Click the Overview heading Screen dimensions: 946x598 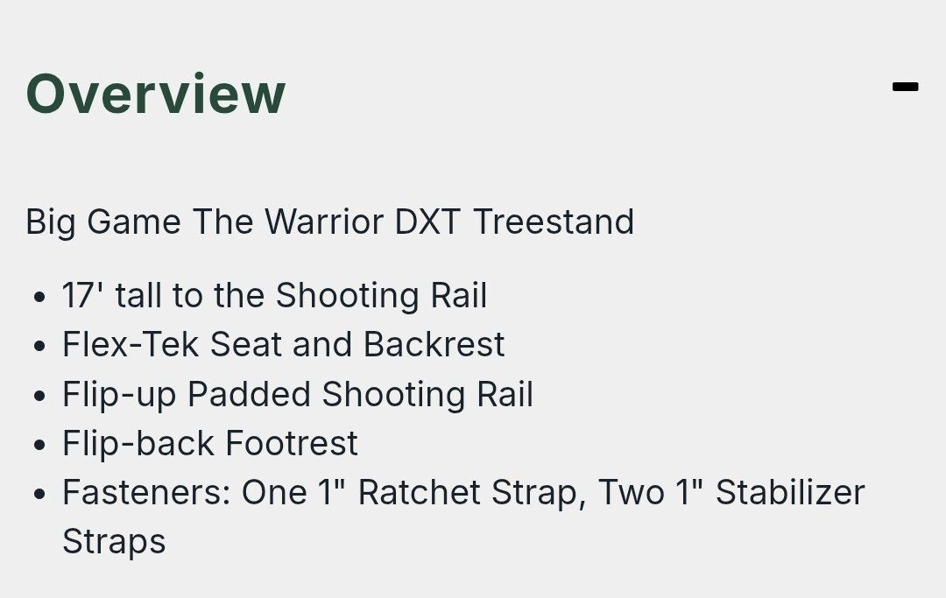[155, 94]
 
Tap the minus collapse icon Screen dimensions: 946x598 [905, 87]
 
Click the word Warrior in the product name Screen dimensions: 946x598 [323, 222]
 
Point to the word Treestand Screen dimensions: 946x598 [554, 222]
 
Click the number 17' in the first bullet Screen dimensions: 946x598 [82, 295]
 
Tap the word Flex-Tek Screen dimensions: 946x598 [131, 344]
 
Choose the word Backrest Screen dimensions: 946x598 [434, 344]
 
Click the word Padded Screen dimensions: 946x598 [249, 394]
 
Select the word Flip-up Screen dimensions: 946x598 [119, 396]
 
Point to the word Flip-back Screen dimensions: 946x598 [138, 443]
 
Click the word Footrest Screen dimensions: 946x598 [292, 443]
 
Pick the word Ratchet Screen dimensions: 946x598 [420, 492]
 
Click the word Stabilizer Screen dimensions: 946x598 [790, 492]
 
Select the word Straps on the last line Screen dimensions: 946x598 [114, 542]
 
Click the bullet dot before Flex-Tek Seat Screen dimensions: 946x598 [39, 346]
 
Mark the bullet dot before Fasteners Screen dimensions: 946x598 [39, 494]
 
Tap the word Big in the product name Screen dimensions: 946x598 [51, 222]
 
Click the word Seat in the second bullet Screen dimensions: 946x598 [245, 344]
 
